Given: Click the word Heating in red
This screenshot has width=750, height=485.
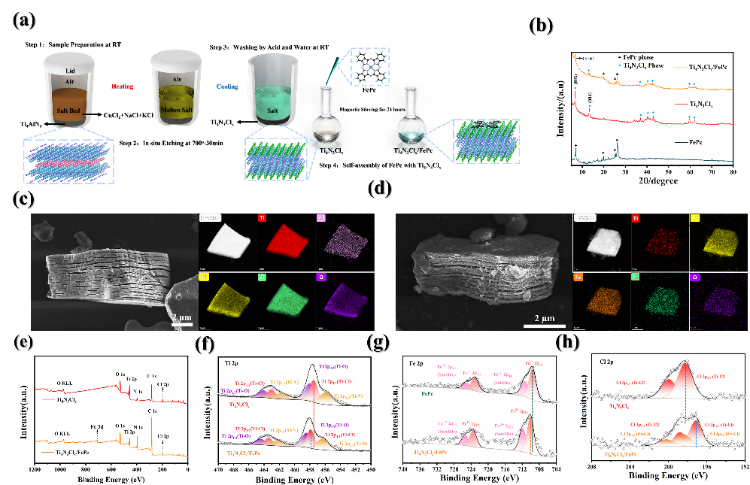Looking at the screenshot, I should [122, 86].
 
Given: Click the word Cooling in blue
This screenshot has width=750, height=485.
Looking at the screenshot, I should [227, 86].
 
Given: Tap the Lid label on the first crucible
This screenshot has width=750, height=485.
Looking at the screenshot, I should [69, 70].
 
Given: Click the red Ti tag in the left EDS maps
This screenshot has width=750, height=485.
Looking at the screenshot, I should [263, 219].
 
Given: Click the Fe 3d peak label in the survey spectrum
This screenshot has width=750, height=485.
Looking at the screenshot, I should [96, 426].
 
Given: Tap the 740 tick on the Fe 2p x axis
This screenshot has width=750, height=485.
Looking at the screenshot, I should [403, 469].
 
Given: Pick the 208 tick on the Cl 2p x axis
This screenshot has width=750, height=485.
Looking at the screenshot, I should [593, 465].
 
